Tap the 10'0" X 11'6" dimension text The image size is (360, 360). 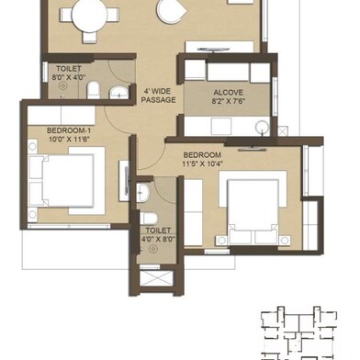[x=69, y=140]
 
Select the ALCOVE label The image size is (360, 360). [x=229, y=93]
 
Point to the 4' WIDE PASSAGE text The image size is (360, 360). [x=158, y=96]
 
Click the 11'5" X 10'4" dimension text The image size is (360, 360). [x=202, y=163]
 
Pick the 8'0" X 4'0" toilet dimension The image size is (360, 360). [x=68, y=77]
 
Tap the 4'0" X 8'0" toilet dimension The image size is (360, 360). [x=158, y=239]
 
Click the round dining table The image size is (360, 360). [x=89, y=16]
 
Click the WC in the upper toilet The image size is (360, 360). [x=94, y=90]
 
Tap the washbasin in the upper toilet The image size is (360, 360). [x=119, y=93]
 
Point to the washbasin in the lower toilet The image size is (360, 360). [x=142, y=193]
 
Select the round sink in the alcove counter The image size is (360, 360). [x=262, y=127]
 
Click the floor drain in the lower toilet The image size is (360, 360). [x=153, y=250]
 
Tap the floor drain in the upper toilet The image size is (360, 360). [x=63, y=85]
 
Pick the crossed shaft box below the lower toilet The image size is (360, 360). [x=156, y=278]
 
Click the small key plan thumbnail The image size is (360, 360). [x=299, y=333]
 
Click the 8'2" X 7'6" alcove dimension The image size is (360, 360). [x=229, y=101]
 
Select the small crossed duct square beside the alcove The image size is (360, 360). [x=283, y=131]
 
